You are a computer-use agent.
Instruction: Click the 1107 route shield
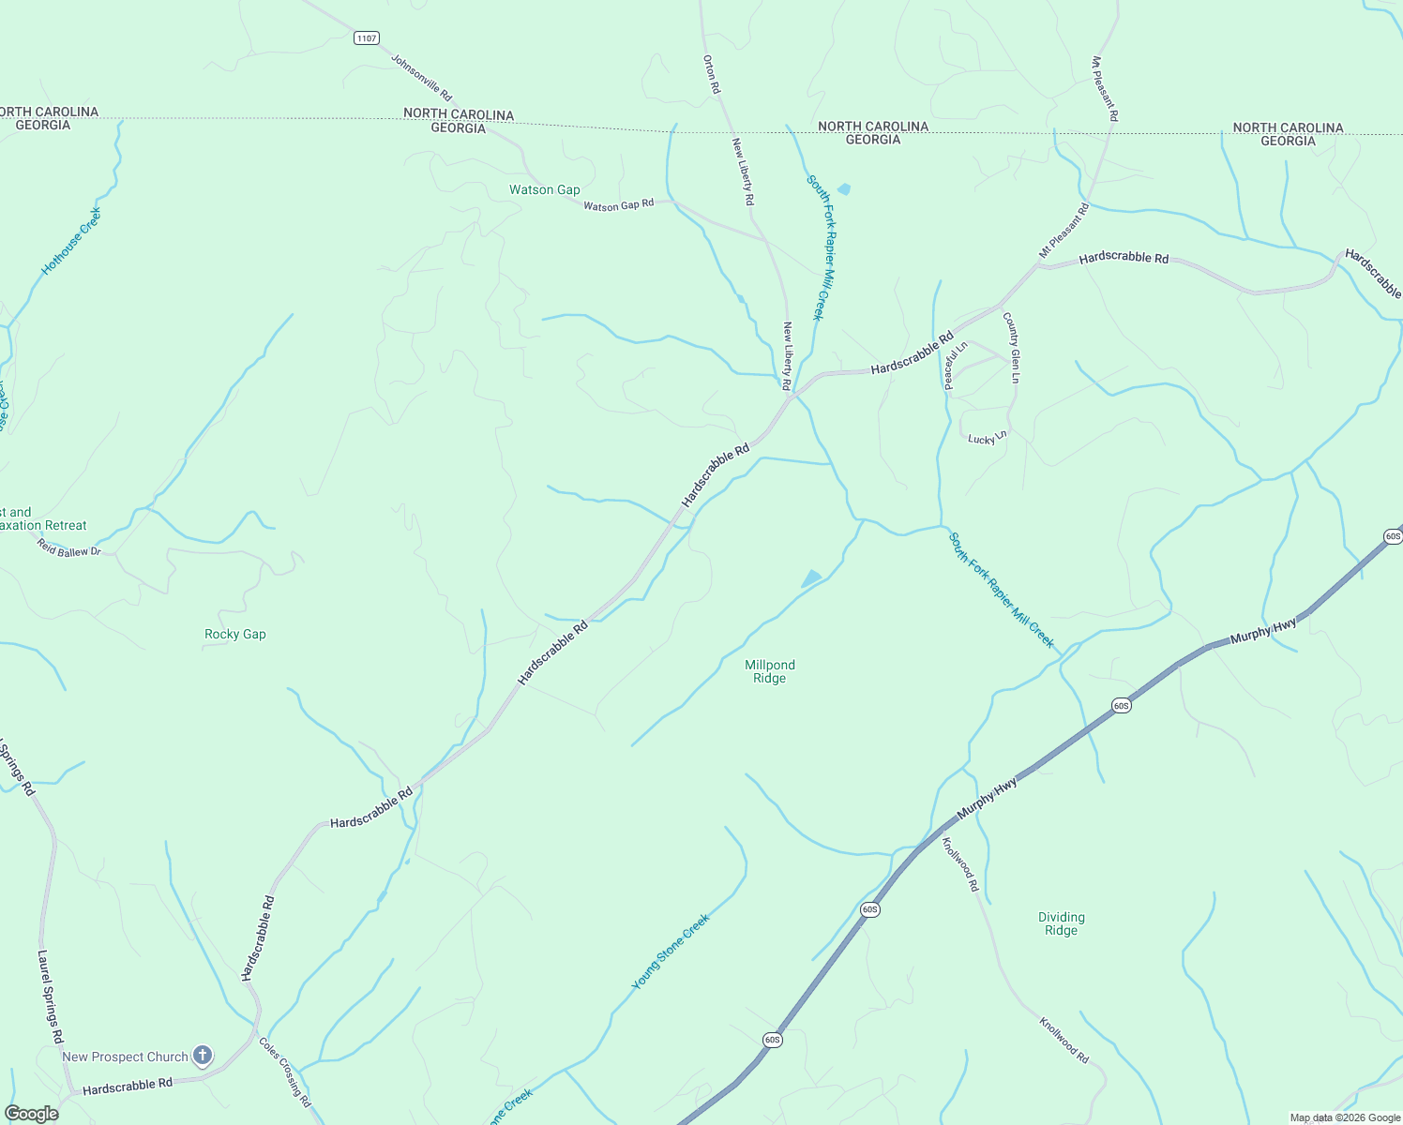coord(367,38)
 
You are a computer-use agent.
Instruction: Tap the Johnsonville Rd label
coord(421,78)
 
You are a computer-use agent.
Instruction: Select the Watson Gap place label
coord(545,189)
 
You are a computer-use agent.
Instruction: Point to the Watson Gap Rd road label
coord(618,205)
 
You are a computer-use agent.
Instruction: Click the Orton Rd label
coord(711,74)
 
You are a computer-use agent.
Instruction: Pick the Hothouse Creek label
coord(71,242)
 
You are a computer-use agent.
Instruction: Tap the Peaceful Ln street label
coord(956,366)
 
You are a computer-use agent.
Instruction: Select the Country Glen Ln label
coord(1011,348)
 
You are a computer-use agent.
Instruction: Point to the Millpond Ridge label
coord(770,671)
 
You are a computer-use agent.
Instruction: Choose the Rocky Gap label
coord(235,635)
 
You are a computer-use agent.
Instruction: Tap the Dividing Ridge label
coord(1062,923)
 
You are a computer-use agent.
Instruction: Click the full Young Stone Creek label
coord(671,952)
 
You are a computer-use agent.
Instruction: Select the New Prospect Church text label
coord(126,1057)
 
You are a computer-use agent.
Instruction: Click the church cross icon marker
coord(203,1056)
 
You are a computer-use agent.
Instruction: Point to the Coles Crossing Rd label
coord(285,1072)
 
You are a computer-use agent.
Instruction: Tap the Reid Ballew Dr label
coord(69,547)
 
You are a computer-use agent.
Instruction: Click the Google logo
coord(31,1114)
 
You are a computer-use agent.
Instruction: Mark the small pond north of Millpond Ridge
coord(811,578)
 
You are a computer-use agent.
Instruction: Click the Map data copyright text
coord(1345,1117)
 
